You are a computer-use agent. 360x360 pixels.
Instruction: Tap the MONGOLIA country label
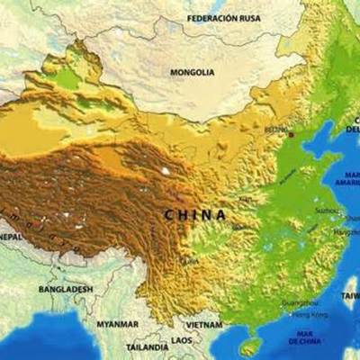point(193,72)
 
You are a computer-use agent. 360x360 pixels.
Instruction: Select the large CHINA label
point(195,214)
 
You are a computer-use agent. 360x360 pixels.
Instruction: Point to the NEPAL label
point(10,237)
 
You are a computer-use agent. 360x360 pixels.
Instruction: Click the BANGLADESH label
point(65,289)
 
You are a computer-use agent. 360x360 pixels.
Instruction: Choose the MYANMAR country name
point(118,324)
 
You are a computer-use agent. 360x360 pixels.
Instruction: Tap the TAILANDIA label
point(147,346)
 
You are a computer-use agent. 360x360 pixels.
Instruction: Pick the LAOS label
point(182,340)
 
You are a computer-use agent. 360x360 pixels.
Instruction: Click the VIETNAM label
point(203,324)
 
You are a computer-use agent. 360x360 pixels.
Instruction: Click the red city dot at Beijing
point(291,134)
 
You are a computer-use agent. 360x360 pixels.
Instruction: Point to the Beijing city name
point(276,130)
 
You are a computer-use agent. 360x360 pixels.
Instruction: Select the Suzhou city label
point(327,210)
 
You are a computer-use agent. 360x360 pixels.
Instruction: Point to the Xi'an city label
point(245,199)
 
